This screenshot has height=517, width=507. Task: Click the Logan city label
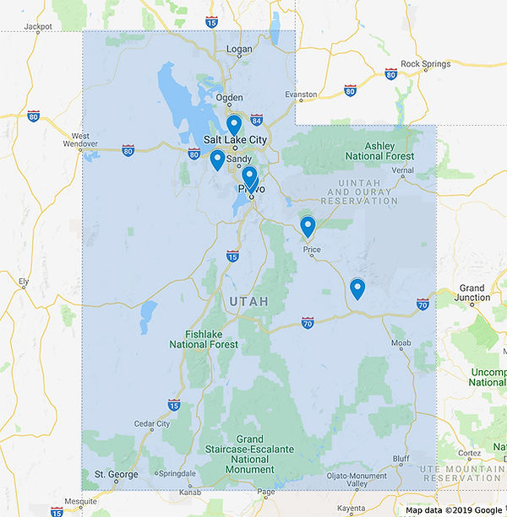point(240,50)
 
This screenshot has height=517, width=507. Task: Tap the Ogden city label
point(229,98)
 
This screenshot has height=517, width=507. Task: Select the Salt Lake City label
point(235,139)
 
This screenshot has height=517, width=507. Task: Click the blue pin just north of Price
point(308,226)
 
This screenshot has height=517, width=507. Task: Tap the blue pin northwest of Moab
point(357,288)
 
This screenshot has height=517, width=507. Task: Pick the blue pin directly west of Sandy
point(217,159)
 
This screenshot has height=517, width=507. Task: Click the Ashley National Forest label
point(379,150)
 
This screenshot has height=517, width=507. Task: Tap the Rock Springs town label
point(422,64)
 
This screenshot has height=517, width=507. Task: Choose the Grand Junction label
point(472,293)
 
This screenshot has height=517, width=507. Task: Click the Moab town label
point(401,343)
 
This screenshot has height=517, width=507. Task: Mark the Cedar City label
point(151,423)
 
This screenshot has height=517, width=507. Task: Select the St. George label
point(116,475)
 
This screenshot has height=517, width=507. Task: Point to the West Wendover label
point(81,140)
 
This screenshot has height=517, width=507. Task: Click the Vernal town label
point(402,170)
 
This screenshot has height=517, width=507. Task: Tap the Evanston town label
point(301,94)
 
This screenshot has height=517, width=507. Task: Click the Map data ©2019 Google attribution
point(454,509)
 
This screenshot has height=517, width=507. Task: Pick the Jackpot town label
point(38,26)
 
